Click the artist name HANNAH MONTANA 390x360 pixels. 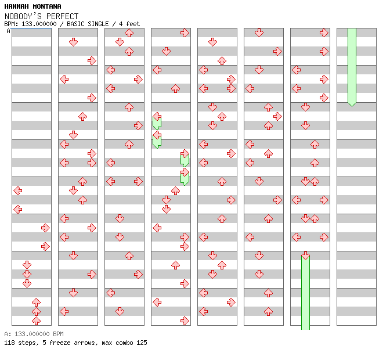(32, 6)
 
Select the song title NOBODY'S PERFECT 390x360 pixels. (41, 16)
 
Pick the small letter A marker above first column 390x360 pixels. (9, 31)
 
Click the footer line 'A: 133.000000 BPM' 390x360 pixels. (34, 334)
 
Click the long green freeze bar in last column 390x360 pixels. (352, 66)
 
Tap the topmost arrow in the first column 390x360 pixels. (17, 190)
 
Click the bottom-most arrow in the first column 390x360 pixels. (36, 321)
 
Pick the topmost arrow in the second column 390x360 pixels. (73, 42)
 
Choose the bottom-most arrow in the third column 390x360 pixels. (120, 311)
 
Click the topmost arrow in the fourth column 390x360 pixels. (185, 33)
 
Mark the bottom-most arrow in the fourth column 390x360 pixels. (185, 321)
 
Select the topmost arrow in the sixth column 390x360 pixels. (259, 33)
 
